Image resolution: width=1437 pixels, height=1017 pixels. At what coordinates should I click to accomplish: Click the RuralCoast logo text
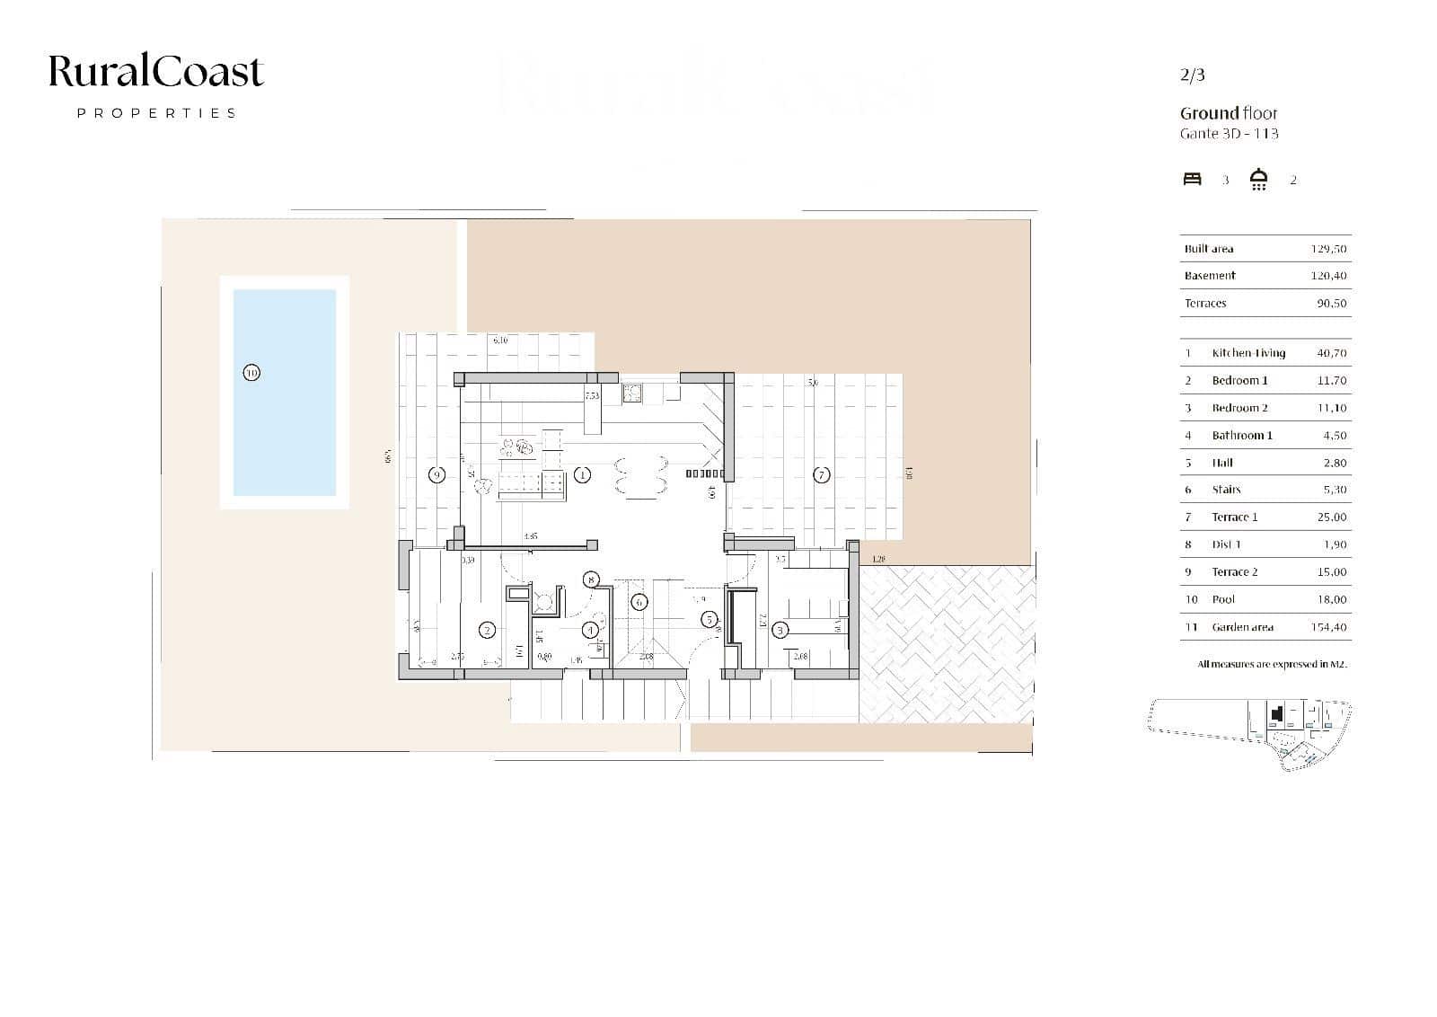(155, 72)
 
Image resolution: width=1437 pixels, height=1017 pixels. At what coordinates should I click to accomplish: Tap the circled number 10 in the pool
(251, 372)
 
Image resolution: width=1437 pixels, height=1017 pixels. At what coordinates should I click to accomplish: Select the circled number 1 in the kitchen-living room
(582, 474)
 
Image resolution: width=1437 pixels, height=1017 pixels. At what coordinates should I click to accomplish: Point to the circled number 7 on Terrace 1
(821, 474)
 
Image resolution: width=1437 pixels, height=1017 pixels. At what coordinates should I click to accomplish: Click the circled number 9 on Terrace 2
(436, 474)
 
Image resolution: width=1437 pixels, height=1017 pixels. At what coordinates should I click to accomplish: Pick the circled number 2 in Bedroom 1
(487, 630)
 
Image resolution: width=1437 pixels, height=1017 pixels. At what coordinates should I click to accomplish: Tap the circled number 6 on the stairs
(639, 602)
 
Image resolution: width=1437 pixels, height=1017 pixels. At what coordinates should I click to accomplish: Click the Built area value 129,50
(1328, 249)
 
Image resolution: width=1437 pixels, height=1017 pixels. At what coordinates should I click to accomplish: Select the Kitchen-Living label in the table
(1248, 353)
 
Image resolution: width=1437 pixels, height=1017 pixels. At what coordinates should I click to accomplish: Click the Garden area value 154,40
(1328, 627)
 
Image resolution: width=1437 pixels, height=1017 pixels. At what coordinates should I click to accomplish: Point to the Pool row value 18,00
(1331, 599)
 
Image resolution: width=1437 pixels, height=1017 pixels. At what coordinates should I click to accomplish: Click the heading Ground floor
(1228, 113)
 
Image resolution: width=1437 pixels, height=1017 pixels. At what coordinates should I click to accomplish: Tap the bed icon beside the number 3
(1192, 179)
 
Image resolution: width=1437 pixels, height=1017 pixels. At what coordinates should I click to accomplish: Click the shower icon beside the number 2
(1259, 179)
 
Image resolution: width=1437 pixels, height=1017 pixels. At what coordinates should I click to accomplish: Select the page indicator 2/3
(1192, 75)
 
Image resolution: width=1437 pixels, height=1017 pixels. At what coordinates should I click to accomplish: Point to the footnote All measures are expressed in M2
(1272, 664)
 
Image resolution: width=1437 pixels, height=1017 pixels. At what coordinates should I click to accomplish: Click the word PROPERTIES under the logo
(156, 113)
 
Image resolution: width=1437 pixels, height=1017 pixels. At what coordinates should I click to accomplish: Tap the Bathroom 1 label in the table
(1242, 435)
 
